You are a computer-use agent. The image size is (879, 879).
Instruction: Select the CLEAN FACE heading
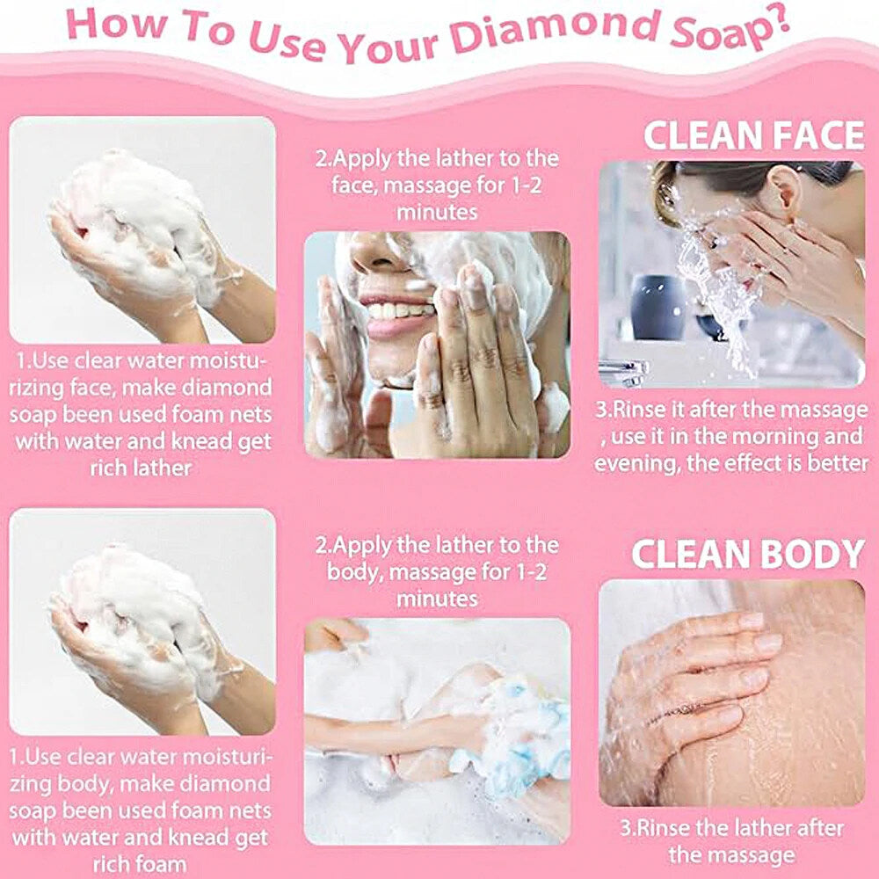point(754,135)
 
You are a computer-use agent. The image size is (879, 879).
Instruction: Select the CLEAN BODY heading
point(748,554)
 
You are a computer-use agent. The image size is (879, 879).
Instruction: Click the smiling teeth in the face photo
point(397,309)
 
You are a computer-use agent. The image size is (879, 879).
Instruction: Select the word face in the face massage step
point(353,185)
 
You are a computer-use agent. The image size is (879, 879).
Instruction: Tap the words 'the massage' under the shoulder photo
point(731,855)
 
